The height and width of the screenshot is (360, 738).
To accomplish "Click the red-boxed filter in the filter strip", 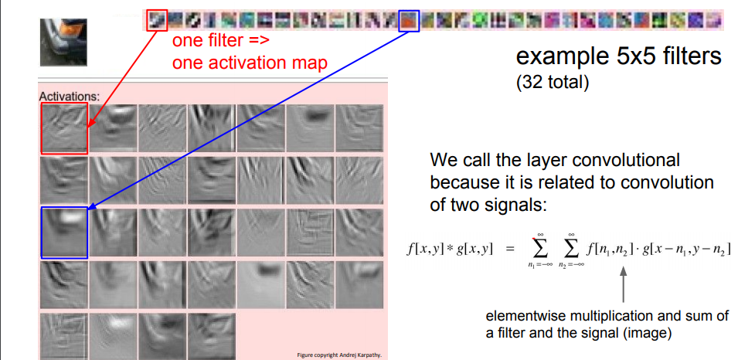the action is tap(157, 20).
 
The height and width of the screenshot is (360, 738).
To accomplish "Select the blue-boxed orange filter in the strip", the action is tap(409, 21).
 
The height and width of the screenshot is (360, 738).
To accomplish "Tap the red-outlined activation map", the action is tap(64, 128).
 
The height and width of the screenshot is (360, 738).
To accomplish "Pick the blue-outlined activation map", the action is tap(64, 233).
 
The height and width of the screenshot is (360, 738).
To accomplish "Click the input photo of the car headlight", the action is tap(63, 42).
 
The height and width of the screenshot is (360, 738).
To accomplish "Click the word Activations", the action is tap(70, 97).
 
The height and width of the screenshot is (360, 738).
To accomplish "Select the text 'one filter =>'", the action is tap(221, 41).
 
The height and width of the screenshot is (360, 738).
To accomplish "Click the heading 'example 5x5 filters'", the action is tap(618, 57).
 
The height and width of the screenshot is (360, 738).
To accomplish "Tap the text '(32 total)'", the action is tap(552, 83).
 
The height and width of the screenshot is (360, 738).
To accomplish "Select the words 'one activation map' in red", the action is tap(250, 63).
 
